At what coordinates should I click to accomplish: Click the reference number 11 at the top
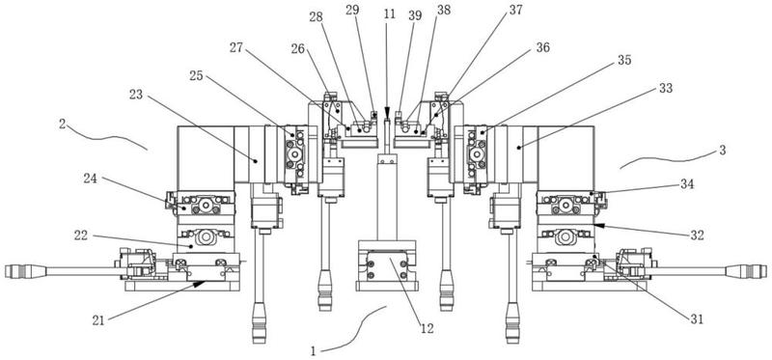(x=390, y=14)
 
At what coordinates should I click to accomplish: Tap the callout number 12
(x=427, y=328)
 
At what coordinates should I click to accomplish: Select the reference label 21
(x=99, y=320)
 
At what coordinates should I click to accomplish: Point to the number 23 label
(x=136, y=94)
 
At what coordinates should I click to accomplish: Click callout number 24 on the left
(x=89, y=178)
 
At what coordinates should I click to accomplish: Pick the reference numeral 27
(x=235, y=47)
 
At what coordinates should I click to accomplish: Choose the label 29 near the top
(x=352, y=11)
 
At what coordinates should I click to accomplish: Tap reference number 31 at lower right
(x=697, y=319)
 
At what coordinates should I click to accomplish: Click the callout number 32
(x=697, y=235)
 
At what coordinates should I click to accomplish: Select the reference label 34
(x=687, y=184)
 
